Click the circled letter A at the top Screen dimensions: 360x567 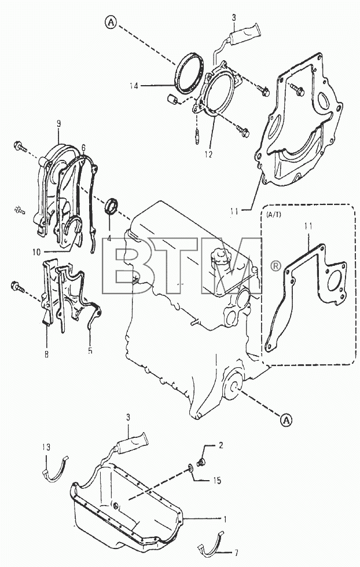[111, 23]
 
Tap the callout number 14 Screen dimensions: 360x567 [134, 86]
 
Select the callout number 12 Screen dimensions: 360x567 [208, 155]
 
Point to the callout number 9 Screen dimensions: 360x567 [58, 124]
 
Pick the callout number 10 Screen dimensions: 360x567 [36, 253]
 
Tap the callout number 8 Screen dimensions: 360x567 [47, 354]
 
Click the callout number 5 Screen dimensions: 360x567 [90, 350]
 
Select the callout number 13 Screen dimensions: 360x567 [46, 447]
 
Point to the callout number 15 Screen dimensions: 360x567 [217, 481]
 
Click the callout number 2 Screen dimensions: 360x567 [221, 445]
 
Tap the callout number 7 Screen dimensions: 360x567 [236, 553]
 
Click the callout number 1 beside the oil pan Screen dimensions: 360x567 [225, 520]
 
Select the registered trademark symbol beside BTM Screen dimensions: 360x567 [275, 266]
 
